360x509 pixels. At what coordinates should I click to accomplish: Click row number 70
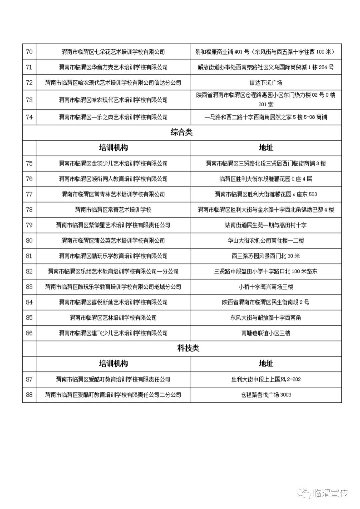coord(29,52)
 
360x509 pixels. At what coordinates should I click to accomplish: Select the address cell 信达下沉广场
coord(266,83)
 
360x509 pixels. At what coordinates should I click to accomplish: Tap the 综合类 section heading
coord(182,132)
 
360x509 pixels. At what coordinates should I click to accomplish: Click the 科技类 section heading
coord(188,348)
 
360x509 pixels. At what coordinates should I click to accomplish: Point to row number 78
coord(29,210)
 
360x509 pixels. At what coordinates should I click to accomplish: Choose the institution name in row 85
coord(113,317)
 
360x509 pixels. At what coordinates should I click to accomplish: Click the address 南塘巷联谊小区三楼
coord(266,333)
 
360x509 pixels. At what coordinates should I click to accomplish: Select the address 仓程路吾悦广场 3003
coord(266,395)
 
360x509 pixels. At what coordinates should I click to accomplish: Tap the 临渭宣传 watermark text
coord(330,493)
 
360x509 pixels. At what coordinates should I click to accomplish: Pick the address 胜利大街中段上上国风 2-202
coord(266,379)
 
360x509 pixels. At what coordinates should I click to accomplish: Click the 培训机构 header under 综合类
coord(113,148)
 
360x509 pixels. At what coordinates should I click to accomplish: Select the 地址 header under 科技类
coord(266,363)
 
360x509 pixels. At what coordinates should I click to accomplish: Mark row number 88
coord(29,395)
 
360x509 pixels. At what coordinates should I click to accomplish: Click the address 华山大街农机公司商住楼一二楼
coord(266,241)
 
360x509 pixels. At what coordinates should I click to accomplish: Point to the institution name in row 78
coord(113,210)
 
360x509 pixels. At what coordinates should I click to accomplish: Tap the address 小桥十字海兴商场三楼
coord(266,287)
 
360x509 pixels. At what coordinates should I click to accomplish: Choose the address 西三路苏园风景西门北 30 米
coord(266,256)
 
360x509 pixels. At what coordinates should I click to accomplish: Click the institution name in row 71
coord(113,67)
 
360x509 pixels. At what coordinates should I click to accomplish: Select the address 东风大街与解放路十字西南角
coord(266,317)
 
